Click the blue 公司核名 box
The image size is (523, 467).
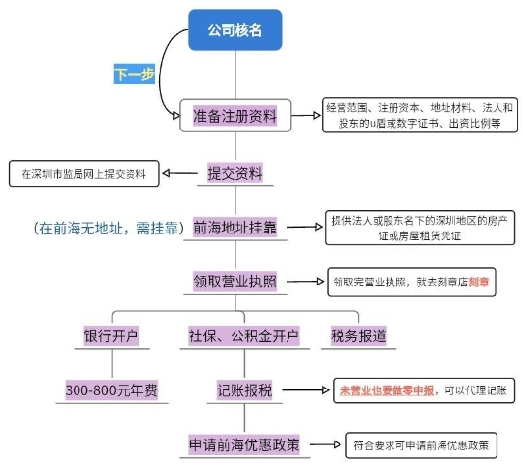(235, 29)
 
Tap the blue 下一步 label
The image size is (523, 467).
(134, 74)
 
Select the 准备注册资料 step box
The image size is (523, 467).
(235, 116)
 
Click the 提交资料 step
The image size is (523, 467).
(235, 173)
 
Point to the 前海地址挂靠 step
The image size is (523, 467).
(235, 228)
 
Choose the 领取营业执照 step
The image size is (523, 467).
(235, 282)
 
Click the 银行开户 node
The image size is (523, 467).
(112, 336)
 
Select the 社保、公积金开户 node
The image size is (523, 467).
(243, 336)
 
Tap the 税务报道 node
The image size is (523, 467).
(358, 336)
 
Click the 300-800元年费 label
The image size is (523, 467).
(112, 390)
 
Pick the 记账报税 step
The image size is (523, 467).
(244, 390)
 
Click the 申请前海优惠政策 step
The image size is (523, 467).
(244, 444)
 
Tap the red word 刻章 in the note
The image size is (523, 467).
(479, 283)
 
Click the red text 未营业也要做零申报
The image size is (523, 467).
(387, 390)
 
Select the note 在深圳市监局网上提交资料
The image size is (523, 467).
(84, 174)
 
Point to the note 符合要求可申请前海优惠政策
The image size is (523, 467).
(421, 445)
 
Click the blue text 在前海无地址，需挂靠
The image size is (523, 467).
(108, 229)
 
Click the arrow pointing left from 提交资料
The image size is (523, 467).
(180, 173)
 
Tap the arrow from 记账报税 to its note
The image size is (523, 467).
(305, 389)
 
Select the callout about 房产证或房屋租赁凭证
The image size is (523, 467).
(420, 228)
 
